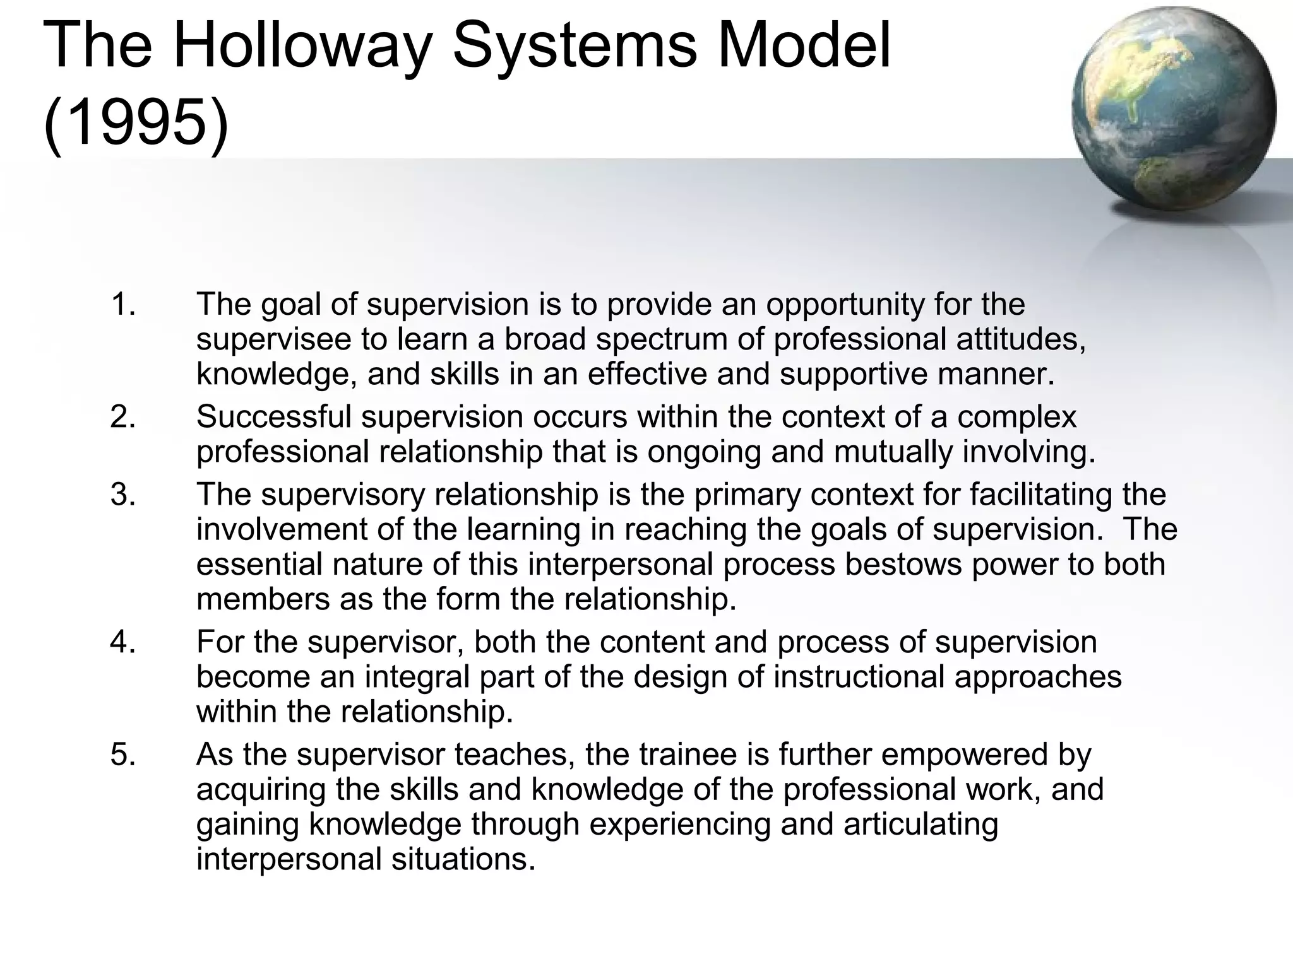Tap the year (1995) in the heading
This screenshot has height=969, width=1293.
pyautogui.click(x=136, y=120)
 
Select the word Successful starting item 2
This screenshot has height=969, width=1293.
pyautogui.click(x=273, y=417)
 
